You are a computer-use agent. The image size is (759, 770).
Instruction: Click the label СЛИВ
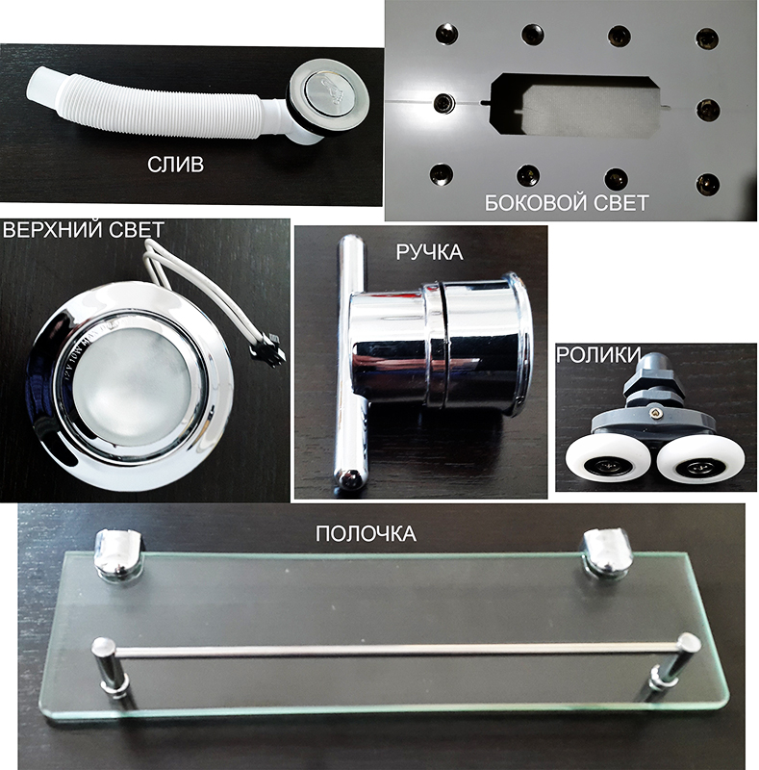pyautogui.click(x=175, y=165)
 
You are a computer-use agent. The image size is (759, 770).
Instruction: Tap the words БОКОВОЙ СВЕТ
pyautogui.click(x=567, y=202)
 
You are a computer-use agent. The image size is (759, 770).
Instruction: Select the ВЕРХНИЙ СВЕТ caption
pyautogui.click(x=83, y=230)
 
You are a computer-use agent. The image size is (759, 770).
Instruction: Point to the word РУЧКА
pyautogui.click(x=429, y=252)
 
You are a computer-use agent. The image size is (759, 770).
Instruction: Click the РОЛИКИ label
pyautogui.click(x=599, y=354)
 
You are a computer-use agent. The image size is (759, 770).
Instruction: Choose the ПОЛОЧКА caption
pyautogui.click(x=366, y=533)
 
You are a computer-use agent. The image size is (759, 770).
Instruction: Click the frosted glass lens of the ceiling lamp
pyautogui.click(x=133, y=376)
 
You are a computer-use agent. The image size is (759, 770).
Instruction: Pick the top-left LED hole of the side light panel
pyautogui.click(x=446, y=35)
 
